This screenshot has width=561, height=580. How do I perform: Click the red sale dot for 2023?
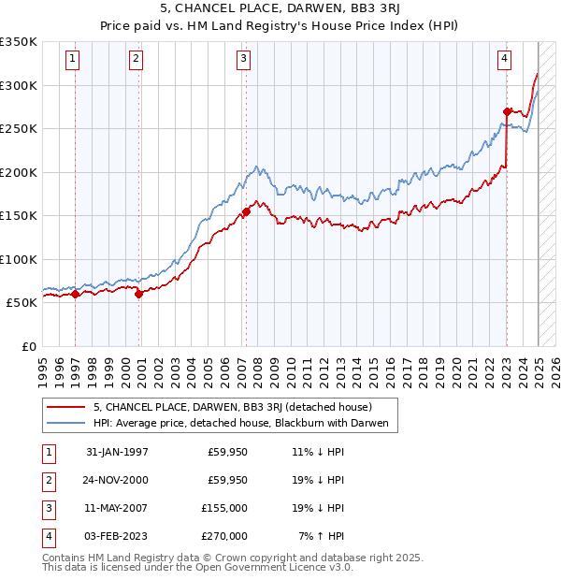pyautogui.click(x=507, y=111)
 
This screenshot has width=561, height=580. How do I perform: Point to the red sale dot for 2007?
pyautogui.click(x=246, y=211)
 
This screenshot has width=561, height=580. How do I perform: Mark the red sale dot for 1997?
pyautogui.click(x=76, y=294)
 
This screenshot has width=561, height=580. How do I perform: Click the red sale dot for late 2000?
pyautogui.click(x=138, y=294)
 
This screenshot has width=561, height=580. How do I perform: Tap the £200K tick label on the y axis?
pyautogui.click(x=19, y=173)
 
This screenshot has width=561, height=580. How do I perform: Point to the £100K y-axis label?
pyautogui.click(x=19, y=260)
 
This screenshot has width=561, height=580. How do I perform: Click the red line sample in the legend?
pyautogui.click(x=65, y=407)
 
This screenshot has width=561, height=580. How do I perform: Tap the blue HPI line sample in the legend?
pyautogui.click(x=65, y=424)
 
